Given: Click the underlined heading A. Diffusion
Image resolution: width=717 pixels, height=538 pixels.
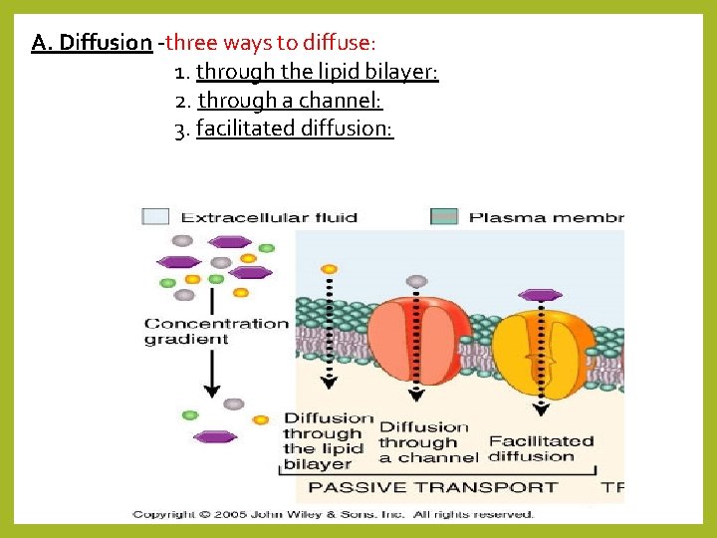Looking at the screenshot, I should (92, 43).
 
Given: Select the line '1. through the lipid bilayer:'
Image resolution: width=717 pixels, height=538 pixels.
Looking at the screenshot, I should (306, 72).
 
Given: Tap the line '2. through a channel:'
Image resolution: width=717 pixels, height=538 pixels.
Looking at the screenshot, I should (278, 101).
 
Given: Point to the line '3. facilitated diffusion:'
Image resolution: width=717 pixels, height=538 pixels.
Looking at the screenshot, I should (284, 129).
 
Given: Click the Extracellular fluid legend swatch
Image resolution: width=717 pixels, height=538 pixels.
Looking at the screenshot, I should (155, 216).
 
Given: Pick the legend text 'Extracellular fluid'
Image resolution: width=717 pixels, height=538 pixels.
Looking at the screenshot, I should (269, 217).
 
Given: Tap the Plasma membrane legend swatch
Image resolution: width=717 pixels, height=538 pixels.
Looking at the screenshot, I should (444, 216).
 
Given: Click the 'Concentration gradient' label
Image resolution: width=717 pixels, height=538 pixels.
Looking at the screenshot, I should (216, 331).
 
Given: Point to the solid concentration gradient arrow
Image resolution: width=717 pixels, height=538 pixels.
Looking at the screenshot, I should (211, 369).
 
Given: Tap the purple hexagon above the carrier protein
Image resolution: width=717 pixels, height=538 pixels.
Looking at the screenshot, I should (541, 295).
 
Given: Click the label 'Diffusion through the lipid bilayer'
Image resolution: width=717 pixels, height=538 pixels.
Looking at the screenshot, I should (328, 440).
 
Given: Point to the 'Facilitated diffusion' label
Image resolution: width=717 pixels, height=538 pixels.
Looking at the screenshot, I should (541, 448).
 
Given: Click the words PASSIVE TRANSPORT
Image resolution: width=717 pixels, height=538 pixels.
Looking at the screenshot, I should (433, 487).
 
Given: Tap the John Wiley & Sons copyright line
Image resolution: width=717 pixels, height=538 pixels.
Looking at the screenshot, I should (334, 514).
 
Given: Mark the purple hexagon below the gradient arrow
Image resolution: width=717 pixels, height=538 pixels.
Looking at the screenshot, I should (215, 436).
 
